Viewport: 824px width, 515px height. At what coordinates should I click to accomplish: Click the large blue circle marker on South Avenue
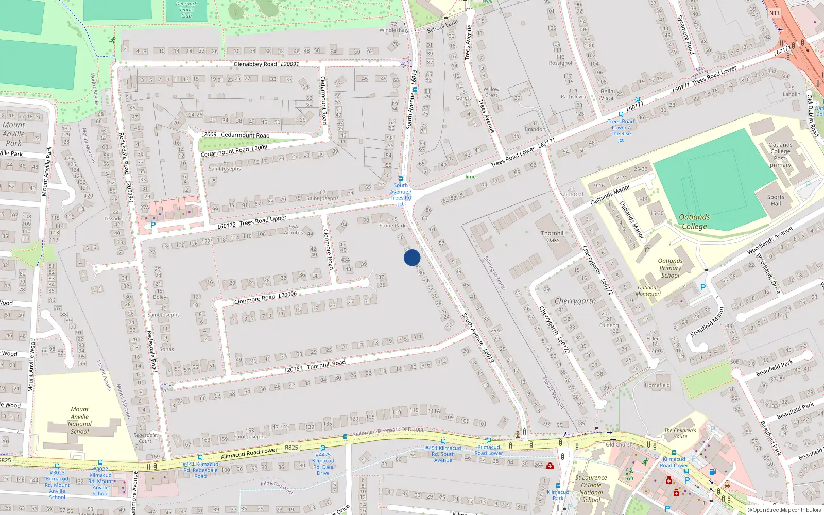(412, 257)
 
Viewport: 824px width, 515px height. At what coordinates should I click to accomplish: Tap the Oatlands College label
(694, 221)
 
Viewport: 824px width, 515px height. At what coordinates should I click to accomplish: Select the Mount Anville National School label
(80, 420)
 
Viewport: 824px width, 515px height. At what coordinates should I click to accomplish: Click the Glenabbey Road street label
(255, 64)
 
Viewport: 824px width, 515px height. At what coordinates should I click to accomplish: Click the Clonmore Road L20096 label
(265, 298)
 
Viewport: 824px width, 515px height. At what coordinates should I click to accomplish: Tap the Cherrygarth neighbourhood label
(575, 301)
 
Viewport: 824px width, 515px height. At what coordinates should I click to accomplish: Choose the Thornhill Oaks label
(553, 236)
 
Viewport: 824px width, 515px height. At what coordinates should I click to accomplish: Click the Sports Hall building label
(776, 200)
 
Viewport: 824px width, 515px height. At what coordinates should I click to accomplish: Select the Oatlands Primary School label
(670, 268)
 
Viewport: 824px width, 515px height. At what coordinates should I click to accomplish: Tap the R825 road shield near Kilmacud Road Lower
(291, 447)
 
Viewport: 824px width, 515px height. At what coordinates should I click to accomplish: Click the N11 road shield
(775, 13)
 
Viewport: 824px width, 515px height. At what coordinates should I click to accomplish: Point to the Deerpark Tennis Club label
(186, 10)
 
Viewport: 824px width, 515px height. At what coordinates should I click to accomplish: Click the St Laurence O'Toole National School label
(591, 489)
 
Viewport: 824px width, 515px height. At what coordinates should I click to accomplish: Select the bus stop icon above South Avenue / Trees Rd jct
(401, 179)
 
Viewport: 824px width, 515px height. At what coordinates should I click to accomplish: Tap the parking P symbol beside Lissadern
(153, 225)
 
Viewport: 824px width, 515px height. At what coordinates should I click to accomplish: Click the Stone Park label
(392, 225)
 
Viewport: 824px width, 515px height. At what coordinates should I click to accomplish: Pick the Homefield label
(657, 385)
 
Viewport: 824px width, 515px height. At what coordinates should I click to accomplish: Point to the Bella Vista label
(607, 95)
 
